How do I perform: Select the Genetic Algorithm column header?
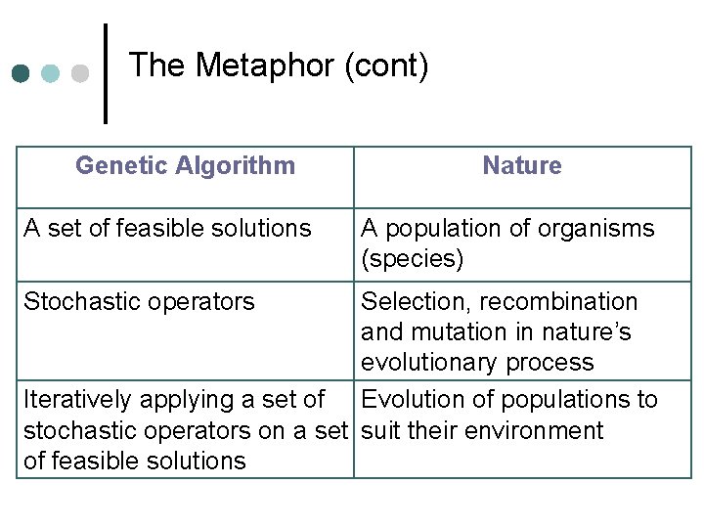[185, 165]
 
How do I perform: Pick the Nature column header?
[522, 165]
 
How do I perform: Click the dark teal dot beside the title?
[21, 73]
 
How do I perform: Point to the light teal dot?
[50, 73]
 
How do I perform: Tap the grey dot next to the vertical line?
[80, 73]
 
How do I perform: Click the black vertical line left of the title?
[105, 73]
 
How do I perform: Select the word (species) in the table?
[412, 259]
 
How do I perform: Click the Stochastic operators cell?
[139, 301]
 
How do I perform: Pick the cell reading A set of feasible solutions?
[167, 229]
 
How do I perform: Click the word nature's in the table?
[587, 332]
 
